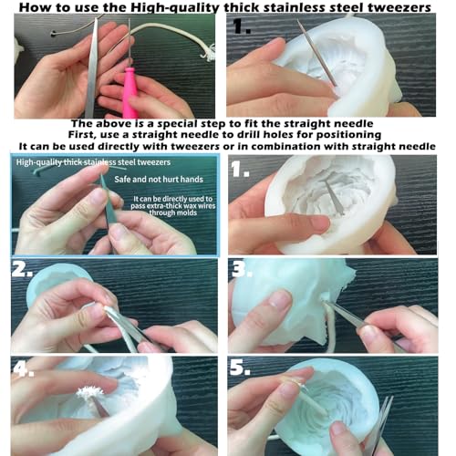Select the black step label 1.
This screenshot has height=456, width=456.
coord(242,26)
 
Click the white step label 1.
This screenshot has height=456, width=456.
coord(240,169)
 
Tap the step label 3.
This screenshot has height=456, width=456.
coord(242,269)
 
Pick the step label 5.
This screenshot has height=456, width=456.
coord(240,367)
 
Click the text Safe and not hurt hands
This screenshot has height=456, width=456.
coord(159,180)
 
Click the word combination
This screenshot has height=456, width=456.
coord(286,146)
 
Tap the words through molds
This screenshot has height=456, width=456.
coord(172,212)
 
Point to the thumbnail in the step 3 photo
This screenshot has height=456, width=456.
coord(277,299)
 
